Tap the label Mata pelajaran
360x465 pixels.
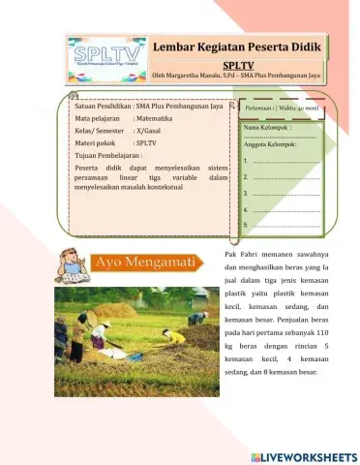[101, 116]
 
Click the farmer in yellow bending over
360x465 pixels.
[173, 336]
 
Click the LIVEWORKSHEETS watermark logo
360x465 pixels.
[303, 455]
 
